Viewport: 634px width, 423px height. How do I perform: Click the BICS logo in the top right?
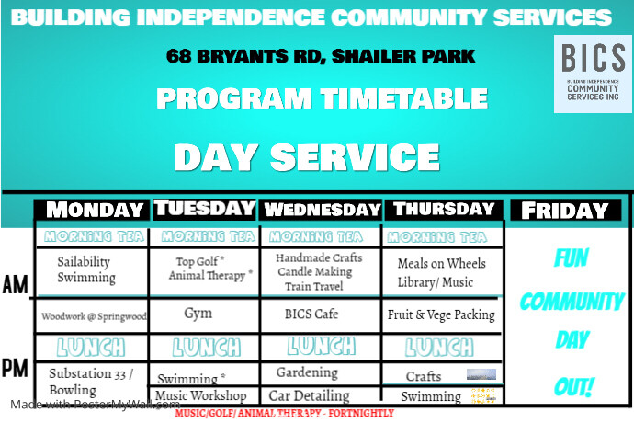tap(593, 74)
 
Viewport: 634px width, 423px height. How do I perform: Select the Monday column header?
tap(95, 210)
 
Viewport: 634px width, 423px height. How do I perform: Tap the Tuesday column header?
tap(204, 208)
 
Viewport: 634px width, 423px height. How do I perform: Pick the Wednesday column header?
tap(322, 210)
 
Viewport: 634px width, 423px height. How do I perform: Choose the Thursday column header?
tap(443, 210)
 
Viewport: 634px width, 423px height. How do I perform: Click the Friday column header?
tap(565, 211)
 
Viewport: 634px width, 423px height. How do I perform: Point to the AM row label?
tap(15, 285)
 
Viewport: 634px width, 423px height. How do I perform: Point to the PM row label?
tap(15, 369)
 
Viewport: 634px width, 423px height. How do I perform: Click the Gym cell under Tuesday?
tap(198, 314)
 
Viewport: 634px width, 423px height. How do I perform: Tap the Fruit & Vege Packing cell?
tap(441, 314)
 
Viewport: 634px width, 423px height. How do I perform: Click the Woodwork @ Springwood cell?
tap(94, 316)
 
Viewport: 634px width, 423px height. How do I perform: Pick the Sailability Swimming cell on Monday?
tap(86, 269)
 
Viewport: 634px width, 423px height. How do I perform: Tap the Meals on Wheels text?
tap(442, 263)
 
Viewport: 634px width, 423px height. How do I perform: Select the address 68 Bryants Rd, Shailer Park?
tap(321, 56)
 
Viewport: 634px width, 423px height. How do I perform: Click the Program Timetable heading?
tap(321, 98)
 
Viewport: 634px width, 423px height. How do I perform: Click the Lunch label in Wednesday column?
tap(321, 347)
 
